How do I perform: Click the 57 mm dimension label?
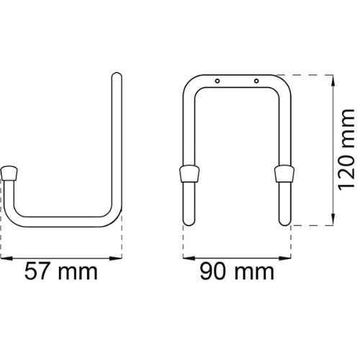pyautogui.click(x=61, y=271)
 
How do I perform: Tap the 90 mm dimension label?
pyautogui.click(x=237, y=271)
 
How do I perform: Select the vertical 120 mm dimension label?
pyautogui.click(x=346, y=149)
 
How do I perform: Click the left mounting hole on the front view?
pyautogui.click(x=217, y=81)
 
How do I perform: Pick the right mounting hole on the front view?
pyautogui.click(x=256, y=81)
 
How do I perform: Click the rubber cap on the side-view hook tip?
pyautogui.click(x=9, y=174)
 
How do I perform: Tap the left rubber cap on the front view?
pyautogui.click(x=189, y=174)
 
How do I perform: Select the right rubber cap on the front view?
pyautogui.click(x=284, y=174)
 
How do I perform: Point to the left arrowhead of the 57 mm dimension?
pyautogui.click(x=6, y=258)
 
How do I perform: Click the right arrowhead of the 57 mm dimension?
pyautogui.click(x=116, y=258)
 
